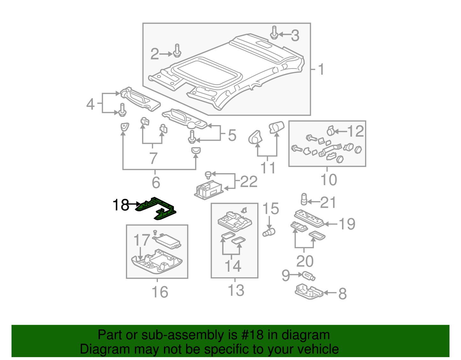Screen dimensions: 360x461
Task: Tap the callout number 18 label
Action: pos(121,205)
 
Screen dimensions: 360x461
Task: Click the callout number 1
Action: pos(321,69)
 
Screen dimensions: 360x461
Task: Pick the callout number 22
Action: pos(249,182)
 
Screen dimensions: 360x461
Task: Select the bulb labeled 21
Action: pos(304,199)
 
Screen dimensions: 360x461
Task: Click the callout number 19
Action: pos(347,224)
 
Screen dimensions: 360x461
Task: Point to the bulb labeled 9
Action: pos(309,276)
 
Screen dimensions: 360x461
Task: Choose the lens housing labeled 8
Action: pos(308,292)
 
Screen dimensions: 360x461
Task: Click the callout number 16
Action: pos(160,292)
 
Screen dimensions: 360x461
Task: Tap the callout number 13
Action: pos(236,290)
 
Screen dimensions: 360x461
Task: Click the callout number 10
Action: pos(328,180)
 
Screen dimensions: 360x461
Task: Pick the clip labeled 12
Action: pos(331,131)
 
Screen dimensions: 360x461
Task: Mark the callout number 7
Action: pos(153,158)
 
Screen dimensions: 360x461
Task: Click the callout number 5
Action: pos(232,135)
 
